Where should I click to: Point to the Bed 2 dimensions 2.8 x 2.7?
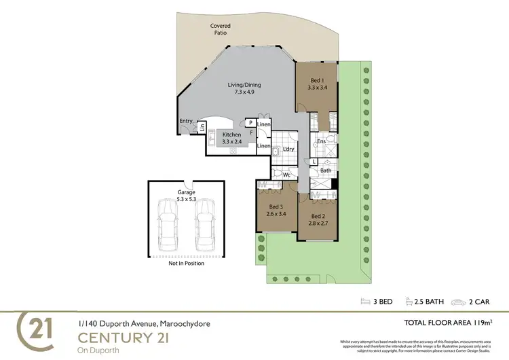coord(318,222)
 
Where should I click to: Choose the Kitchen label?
coord(232,135)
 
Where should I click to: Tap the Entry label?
coord(185,122)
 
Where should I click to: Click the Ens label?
coord(322,141)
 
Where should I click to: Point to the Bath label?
coord(326,170)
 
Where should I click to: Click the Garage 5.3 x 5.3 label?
coord(186,196)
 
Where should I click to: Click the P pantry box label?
coord(250,122)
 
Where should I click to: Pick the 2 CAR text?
coord(478,302)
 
